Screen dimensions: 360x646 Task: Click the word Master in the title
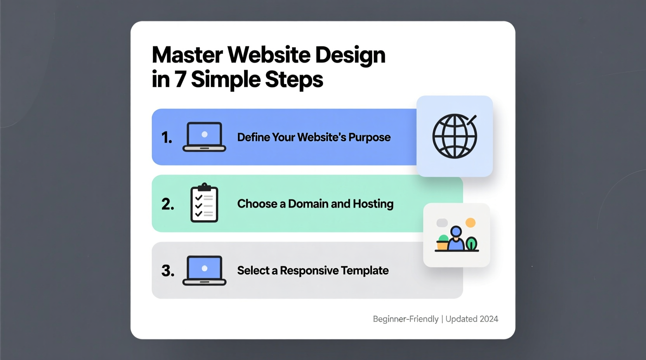coord(188,55)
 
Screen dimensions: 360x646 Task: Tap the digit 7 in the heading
coord(180,80)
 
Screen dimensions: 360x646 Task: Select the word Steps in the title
coord(294,80)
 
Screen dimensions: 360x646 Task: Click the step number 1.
coord(167,138)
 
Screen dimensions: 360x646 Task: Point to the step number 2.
coord(168,204)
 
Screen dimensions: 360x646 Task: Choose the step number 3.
coord(168,271)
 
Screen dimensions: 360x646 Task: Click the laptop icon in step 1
coord(204,137)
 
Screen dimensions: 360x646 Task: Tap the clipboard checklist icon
coord(204,203)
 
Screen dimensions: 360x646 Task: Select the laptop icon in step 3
coord(204,270)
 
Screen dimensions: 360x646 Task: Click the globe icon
coord(455,136)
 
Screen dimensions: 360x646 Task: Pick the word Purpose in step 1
coord(369,137)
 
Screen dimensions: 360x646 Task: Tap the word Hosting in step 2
coord(373,204)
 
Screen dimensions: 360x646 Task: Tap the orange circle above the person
coord(471,223)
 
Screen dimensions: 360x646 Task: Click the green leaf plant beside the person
coord(471,244)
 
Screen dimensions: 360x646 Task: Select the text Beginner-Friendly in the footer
coord(405,319)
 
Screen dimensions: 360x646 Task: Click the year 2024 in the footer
coord(489,319)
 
